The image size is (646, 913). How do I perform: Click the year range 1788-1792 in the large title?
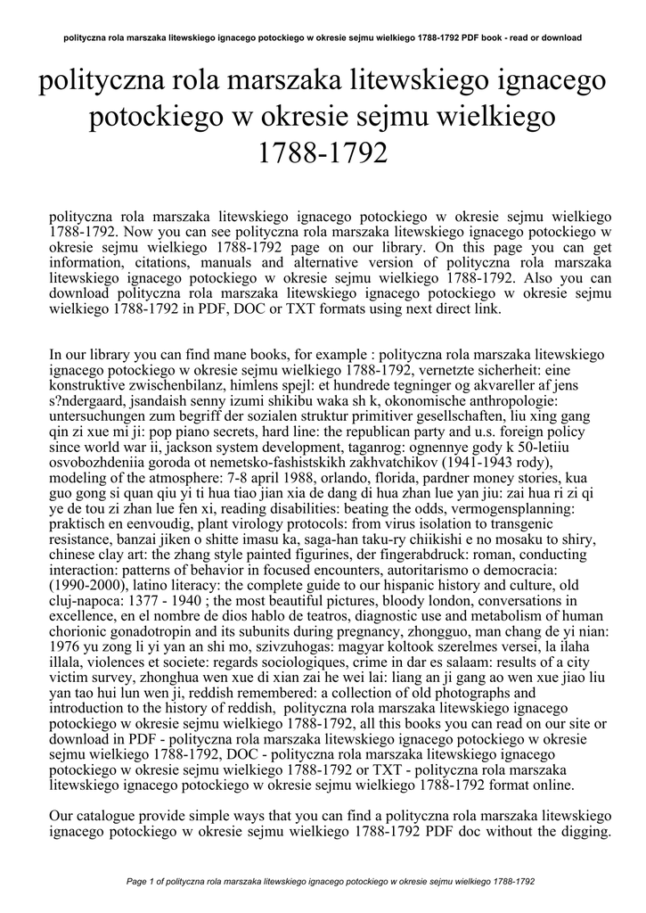[x=323, y=153]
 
